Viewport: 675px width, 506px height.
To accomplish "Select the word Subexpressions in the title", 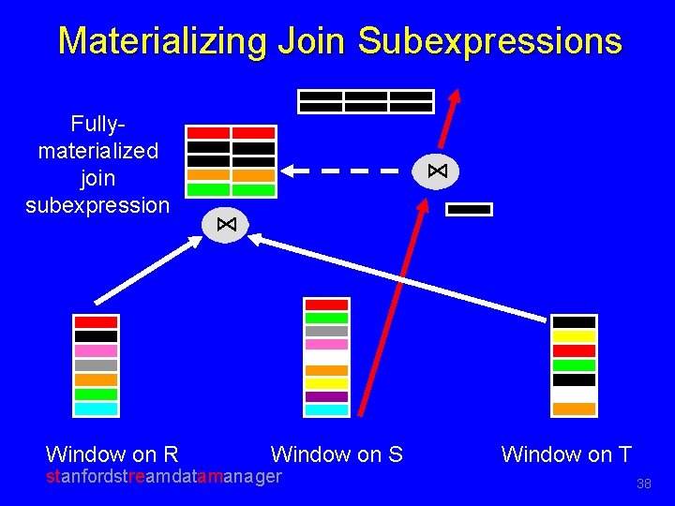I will tap(489, 41).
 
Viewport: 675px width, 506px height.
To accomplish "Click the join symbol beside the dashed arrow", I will tap(436, 171).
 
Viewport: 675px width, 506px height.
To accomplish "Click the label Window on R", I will tap(112, 455).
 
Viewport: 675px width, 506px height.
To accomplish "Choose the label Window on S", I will tap(337, 455).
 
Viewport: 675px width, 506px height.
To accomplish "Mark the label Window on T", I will tap(566, 455).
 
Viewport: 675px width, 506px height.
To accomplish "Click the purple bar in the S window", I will tap(326, 396).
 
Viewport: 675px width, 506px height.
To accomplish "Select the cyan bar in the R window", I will tap(96, 409).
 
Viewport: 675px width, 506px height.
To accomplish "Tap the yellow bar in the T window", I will tap(574, 336).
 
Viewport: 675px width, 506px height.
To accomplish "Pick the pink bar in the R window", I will tap(96, 350).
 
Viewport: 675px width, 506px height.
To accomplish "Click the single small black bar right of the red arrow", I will tap(469, 210).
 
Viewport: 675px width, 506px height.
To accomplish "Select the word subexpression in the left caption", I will tap(97, 204).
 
